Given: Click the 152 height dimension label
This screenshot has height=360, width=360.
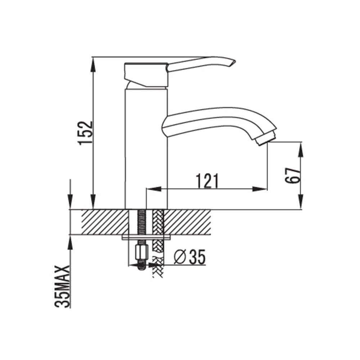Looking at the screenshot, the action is pyautogui.click(x=85, y=133).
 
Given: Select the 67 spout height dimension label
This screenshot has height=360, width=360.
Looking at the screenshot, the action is pyautogui.click(x=293, y=175).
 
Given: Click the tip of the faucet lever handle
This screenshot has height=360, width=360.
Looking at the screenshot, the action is pyautogui.click(x=235, y=61).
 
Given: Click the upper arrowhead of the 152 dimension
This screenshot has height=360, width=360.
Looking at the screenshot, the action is pyautogui.click(x=93, y=65).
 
